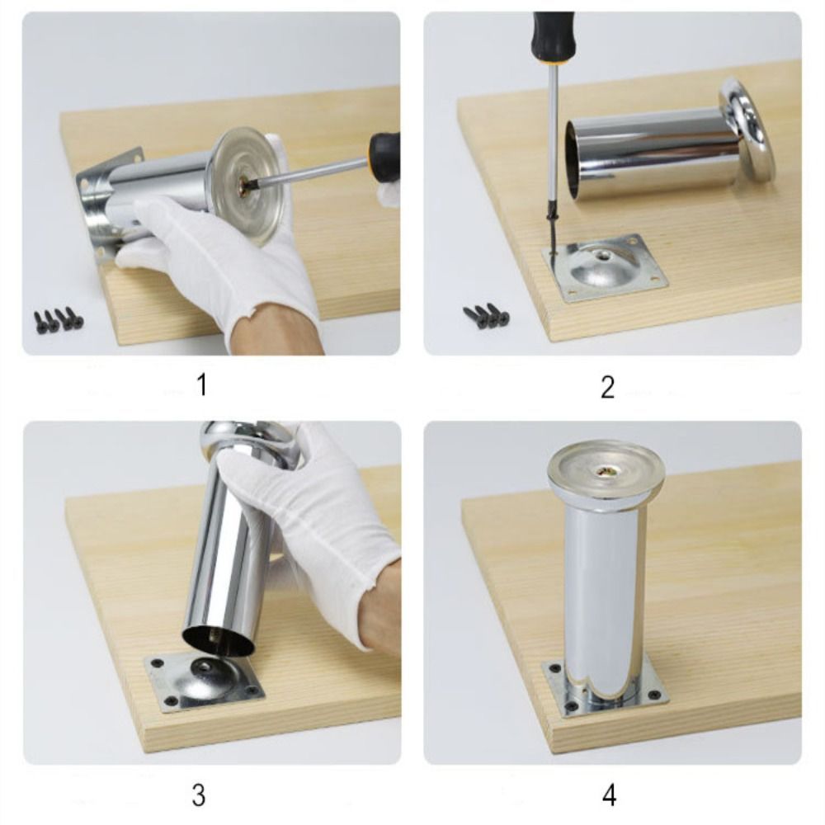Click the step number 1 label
pyautogui.click(x=201, y=384)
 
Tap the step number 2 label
pyautogui.click(x=608, y=387)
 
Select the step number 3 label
pyautogui.click(x=199, y=795)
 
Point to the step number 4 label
pyautogui.click(x=609, y=795)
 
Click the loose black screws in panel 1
pyautogui.click(x=59, y=318)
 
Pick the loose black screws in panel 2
pyautogui.click(x=487, y=316)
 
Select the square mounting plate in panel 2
pyautogui.click(x=605, y=268)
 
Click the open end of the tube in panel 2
pyautogui.click(x=576, y=160)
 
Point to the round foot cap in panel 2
pyautogui.click(x=747, y=130)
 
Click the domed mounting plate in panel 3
pyautogui.click(x=204, y=682)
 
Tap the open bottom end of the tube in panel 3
pyautogui.click(x=219, y=637)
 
